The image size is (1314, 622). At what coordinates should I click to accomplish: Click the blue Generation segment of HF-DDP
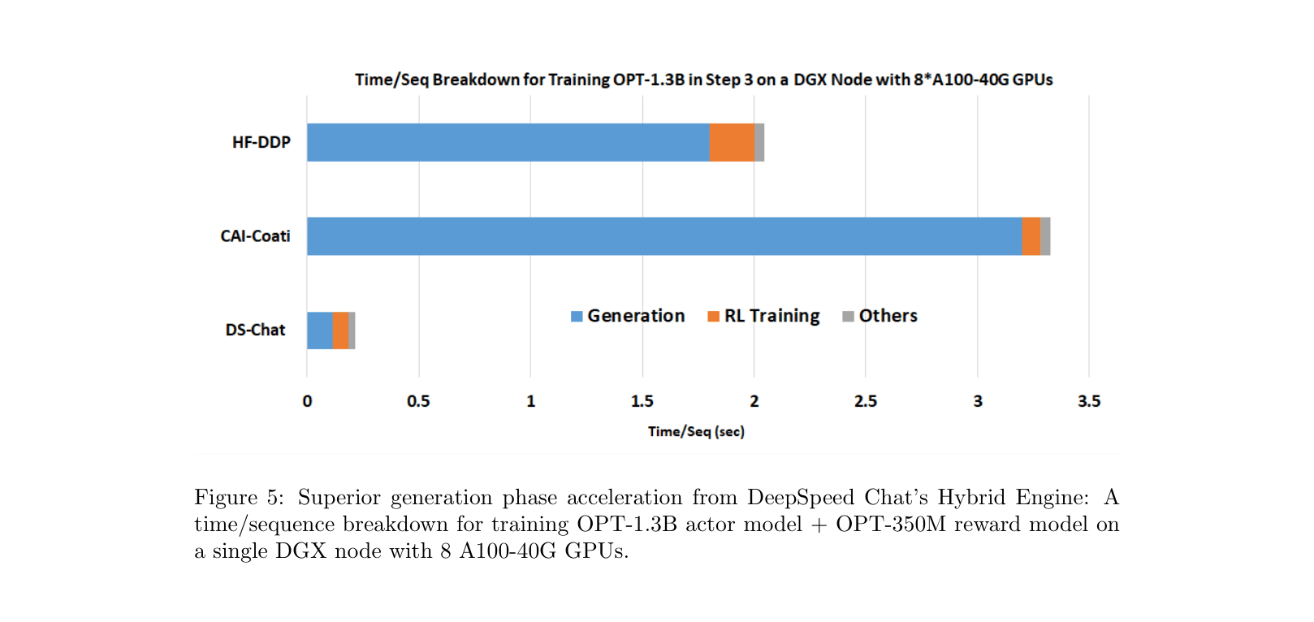(x=508, y=142)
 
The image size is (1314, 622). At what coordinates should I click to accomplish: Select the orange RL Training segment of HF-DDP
(x=732, y=142)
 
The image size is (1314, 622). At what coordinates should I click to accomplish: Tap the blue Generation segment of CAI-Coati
(x=664, y=236)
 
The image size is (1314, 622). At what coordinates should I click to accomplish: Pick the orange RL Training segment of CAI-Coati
(x=1031, y=236)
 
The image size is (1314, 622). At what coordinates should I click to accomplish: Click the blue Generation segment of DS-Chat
(x=319, y=330)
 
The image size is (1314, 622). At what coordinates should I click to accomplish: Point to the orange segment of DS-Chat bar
(x=340, y=330)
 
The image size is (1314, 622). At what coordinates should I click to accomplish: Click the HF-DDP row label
(x=261, y=142)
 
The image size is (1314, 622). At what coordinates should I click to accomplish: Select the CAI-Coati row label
(x=255, y=236)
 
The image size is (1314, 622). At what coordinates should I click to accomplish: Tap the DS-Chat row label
(x=255, y=330)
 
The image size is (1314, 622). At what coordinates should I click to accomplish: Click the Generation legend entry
(x=628, y=316)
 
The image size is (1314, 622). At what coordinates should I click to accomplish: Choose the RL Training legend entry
(x=763, y=316)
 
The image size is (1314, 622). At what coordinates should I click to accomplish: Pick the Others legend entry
(x=880, y=316)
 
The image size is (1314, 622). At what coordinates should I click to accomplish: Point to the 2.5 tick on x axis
(x=866, y=401)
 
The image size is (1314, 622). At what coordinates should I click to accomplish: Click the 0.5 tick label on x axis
(x=418, y=401)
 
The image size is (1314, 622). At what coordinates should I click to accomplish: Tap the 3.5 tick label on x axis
(x=1089, y=401)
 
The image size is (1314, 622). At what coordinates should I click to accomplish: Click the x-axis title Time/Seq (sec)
(x=696, y=431)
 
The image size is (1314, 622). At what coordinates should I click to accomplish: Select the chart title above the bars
(x=703, y=80)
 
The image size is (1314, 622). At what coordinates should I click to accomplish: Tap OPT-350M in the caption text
(x=891, y=524)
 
